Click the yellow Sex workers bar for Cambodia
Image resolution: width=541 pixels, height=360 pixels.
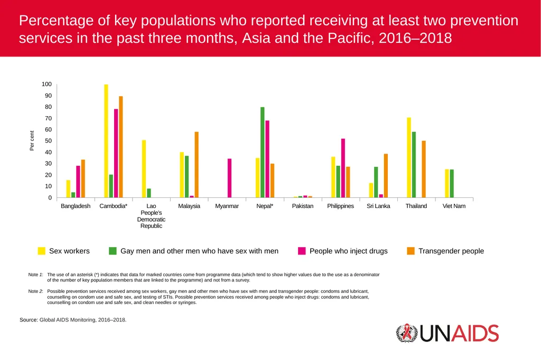106,141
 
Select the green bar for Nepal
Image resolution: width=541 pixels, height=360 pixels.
263,153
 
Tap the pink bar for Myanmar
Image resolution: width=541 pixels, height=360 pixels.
229,178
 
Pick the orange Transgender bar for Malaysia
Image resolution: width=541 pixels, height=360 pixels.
197,165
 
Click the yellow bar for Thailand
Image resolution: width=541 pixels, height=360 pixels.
409,158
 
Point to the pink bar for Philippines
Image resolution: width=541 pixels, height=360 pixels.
343,168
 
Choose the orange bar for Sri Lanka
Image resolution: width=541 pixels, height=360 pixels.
386,176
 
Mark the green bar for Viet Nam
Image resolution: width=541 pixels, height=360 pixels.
452,184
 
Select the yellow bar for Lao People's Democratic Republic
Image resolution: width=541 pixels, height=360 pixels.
144,169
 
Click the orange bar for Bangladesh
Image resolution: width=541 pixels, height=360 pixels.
83,178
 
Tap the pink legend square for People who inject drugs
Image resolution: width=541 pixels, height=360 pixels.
302,251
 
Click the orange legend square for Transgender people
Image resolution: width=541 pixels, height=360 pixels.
411,251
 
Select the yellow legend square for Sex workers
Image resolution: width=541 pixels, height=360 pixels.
41,251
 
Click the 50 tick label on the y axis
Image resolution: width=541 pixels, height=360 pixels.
48,141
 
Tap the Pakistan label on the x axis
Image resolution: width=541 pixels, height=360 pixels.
303,206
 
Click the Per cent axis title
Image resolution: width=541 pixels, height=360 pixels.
32,141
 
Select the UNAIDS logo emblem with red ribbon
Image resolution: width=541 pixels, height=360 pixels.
407,333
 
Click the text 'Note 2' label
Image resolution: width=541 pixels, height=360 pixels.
35,291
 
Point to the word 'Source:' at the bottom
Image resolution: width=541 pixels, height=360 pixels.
29,320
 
